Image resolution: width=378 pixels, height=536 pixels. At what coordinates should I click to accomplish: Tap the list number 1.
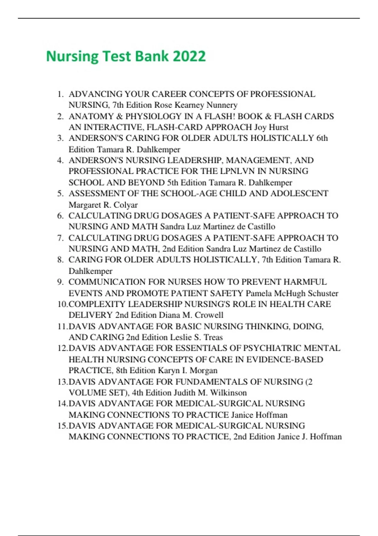tap(60, 94)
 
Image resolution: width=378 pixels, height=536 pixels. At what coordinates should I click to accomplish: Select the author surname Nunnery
tap(222, 105)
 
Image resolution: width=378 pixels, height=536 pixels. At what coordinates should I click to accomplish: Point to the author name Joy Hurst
tap(271, 127)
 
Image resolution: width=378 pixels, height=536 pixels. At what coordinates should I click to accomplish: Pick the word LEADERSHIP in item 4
tap(194, 160)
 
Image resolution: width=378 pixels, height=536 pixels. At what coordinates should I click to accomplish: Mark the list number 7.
tap(60, 238)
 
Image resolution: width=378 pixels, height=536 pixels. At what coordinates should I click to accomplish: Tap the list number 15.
tap(62, 426)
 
